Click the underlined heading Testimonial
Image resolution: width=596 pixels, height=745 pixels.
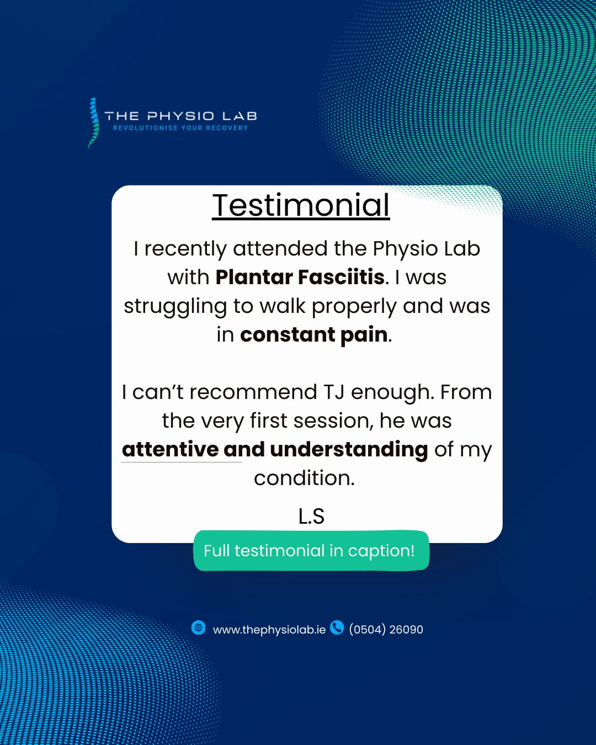[x=301, y=206]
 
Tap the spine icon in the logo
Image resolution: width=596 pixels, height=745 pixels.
[x=93, y=123]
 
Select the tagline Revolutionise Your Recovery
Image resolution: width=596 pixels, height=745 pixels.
[x=180, y=127]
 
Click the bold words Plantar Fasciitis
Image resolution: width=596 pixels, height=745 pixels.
[x=300, y=277]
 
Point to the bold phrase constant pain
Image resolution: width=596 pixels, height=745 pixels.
[x=314, y=334]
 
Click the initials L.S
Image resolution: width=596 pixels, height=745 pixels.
[x=311, y=517]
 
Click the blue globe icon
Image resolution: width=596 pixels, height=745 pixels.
[x=199, y=627]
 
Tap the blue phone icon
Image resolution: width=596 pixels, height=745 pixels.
[x=337, y=627]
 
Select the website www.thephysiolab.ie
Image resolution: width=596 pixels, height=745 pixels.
[x=269, y=630]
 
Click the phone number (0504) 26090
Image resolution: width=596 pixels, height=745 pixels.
[x=386, y=629]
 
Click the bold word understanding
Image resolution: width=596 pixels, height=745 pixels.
[x=349, y=450]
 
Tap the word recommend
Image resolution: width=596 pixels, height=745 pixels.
[x=253, y=392]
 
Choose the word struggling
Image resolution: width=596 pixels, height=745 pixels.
[x=175, y=306]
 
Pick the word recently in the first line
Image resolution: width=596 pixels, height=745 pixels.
[x=185, y=249]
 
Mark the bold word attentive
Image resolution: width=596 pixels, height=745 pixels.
[x=170, y=450]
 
